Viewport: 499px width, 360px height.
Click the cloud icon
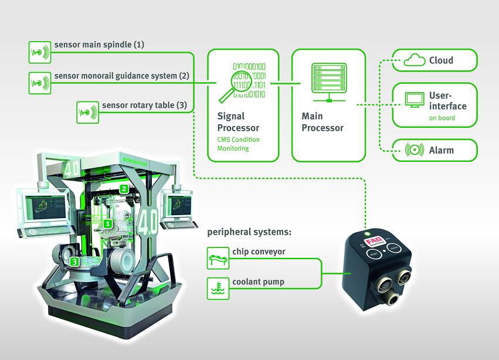pyautogui.click(x=415, y=60)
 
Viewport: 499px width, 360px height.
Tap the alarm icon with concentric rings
pyautogui.click(x=415, y=150)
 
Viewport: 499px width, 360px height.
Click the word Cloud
pyautogui.click(x=441, y=60)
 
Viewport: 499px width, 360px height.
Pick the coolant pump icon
pyautogui.click(x=218, y=286)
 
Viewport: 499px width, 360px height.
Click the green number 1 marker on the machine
pyautogui.click(x=108, y=224)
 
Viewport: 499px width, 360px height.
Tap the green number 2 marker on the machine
pyautogui.click(x=124, y=189)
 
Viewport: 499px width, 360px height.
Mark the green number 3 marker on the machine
pyautogui.click(x=74, y=261)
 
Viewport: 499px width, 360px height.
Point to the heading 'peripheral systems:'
pyautogui.click(x=249, y=232)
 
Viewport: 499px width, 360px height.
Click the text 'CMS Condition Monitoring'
pyautogui.click(x=239, y=144)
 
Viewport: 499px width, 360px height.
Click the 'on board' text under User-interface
pyautogui.click(x=441, y=118)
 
